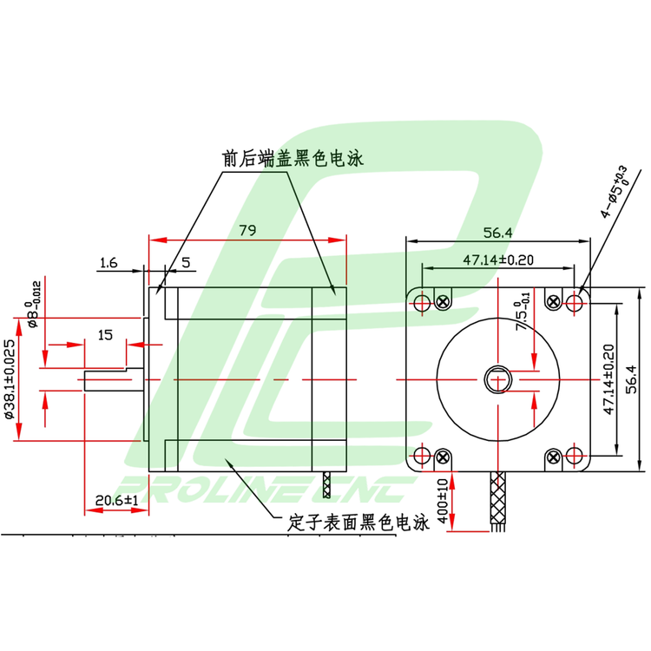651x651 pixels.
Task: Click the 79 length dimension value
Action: click(247, 230)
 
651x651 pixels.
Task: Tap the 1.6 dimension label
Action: click(108, 261)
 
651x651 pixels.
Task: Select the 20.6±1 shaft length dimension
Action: click(117, 500)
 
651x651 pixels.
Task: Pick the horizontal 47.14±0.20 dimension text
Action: click(497, 259)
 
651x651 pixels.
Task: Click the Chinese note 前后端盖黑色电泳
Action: click(291, 160)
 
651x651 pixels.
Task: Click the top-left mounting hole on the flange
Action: click(422, 303)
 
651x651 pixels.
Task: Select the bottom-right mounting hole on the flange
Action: click(575, 456)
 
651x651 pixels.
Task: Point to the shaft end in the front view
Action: click(498, 379)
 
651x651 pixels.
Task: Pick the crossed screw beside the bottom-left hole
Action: click(444, 456)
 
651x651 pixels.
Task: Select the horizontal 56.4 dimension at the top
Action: click(498, 232)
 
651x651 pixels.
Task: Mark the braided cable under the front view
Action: click(500, 495)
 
